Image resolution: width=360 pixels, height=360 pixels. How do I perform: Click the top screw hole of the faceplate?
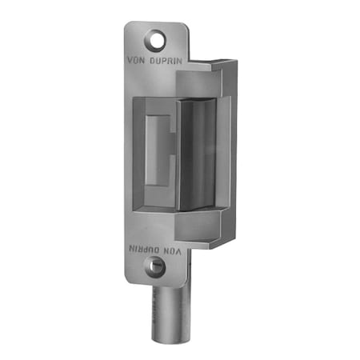point(154,36)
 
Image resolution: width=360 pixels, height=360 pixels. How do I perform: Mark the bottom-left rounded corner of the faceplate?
point(130,280)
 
